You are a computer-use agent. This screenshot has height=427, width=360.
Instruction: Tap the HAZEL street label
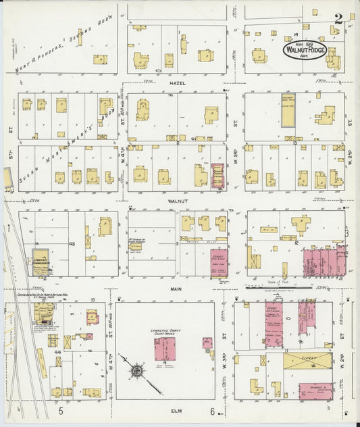[x=178, y=84]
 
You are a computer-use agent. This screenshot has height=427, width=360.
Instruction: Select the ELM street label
[x=178, y=410]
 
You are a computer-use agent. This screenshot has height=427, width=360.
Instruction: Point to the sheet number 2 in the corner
[x=338, y=19]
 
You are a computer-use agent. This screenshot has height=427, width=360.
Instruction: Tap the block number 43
[x=72, y=243]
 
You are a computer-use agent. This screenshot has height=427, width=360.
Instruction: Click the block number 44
[x=58, y=353]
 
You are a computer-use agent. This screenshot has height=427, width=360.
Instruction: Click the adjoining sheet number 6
[x=211, y=411]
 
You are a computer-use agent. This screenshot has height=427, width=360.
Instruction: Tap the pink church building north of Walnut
[x=218, y=174]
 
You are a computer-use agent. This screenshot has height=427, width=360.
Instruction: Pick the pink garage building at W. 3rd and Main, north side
[x=219, y=262]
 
